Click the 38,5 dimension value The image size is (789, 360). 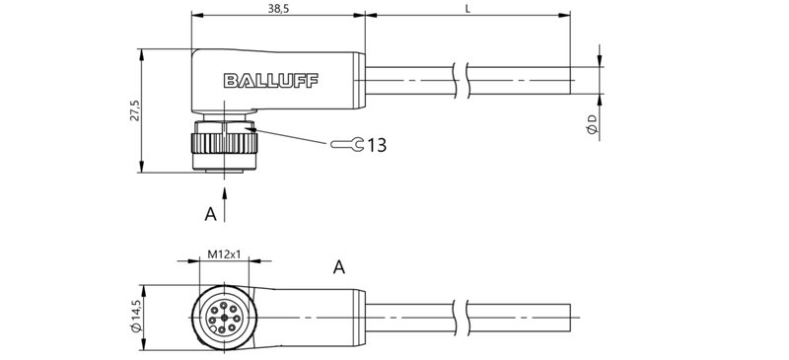pyautogui.click(x=278, y=7)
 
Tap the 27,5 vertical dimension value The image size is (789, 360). pyautogui.click(x=133, y=111)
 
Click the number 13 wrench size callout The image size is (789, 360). pyautogui.click(x=376, y=146)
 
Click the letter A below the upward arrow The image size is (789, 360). pyautogui.click(x=210, y=214)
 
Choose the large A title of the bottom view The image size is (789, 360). pyautogui.click(x=340, y=266)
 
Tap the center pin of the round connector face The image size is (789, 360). pyautogui.click(x=224, y=316)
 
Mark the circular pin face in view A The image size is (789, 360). pyautogui.click(x=224, y=316)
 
